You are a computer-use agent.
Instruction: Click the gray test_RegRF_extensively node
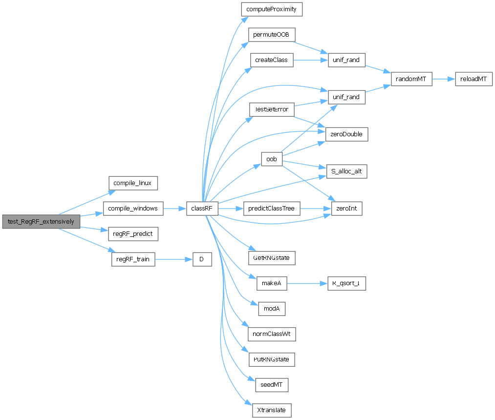coord(41,221)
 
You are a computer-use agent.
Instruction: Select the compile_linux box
coord(132,183)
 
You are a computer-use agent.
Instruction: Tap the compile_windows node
coord(132,209)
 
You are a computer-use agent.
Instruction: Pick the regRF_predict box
coord(132,234)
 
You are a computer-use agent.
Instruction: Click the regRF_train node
coord(133,259)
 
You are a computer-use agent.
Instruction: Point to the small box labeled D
coord(202,259)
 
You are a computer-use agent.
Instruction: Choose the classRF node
coord(201,209)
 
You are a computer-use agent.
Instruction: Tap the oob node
coord(272,159)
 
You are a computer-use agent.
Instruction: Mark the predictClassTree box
coord(272,209)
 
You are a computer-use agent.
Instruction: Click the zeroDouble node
coord(346,134)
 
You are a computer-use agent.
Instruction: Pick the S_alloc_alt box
coord(346,171)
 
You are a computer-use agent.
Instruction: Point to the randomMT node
coord(411,79)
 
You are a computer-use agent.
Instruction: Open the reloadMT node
coord(474,79)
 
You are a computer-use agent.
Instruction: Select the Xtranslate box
coord(272,410)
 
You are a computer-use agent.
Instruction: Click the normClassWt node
coord(272,335)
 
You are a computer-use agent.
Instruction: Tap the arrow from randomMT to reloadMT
coord(443,79)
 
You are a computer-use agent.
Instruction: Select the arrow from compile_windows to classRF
coord(174,209)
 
